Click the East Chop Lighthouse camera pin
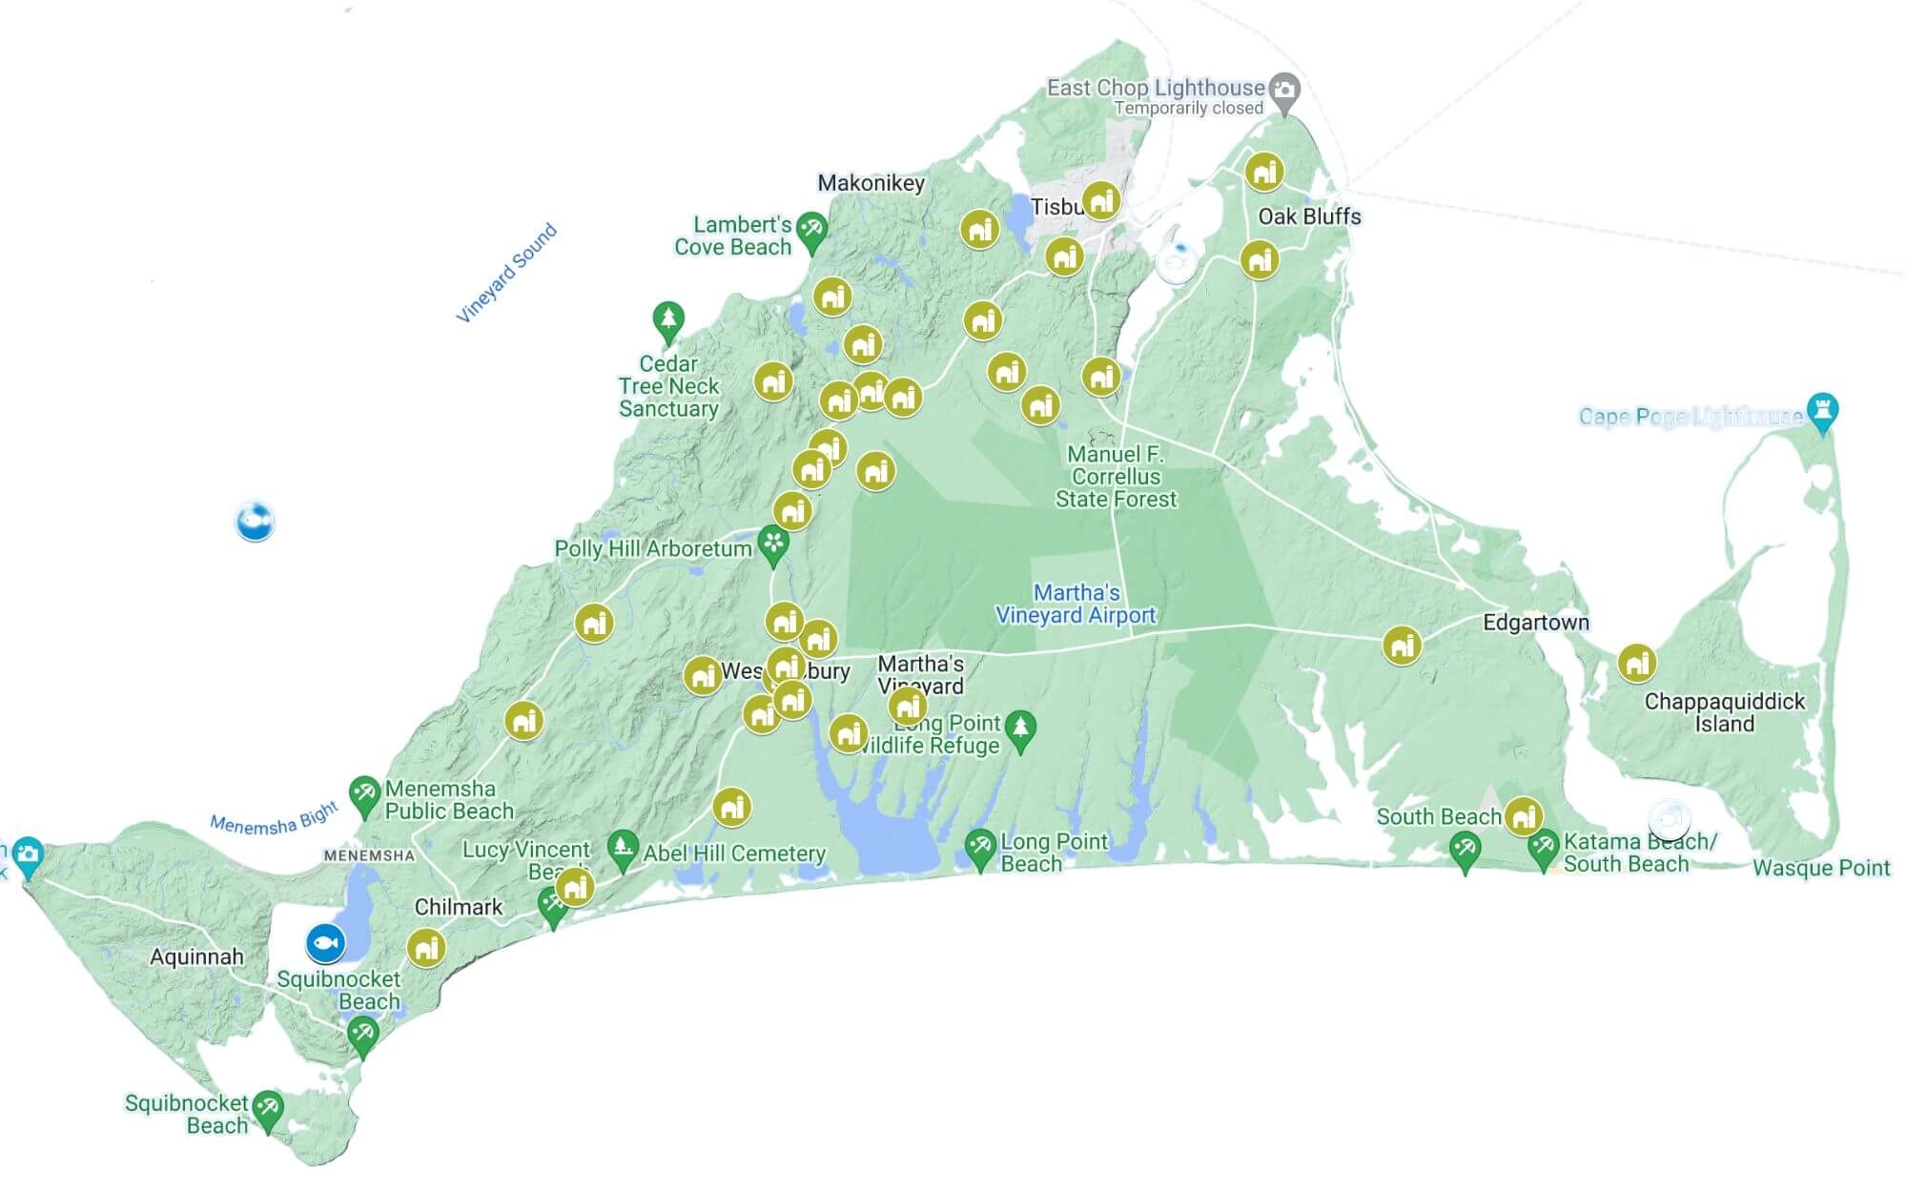pos(1285,91)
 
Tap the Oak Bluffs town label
pos(1309,216)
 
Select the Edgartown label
pos(1535,623)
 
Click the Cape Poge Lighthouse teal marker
pos(1822,411)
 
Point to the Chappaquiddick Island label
pos(1724,712)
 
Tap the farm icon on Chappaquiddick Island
pos(1637,662)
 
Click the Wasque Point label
pos(1820,868)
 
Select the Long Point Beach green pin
pos(980,847)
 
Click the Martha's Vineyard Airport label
pos(1076,604)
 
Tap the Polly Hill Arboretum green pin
pos(773,545)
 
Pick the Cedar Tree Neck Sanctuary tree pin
pos(668,319)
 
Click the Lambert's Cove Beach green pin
pos(811,230)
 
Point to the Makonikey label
pos(871,183)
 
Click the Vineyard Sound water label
pos(506,274)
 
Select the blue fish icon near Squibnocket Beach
pos(325,943)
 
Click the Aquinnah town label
pos(196,956)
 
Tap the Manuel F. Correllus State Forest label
pos(1116,477)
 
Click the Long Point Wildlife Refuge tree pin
pos(1021,730)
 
